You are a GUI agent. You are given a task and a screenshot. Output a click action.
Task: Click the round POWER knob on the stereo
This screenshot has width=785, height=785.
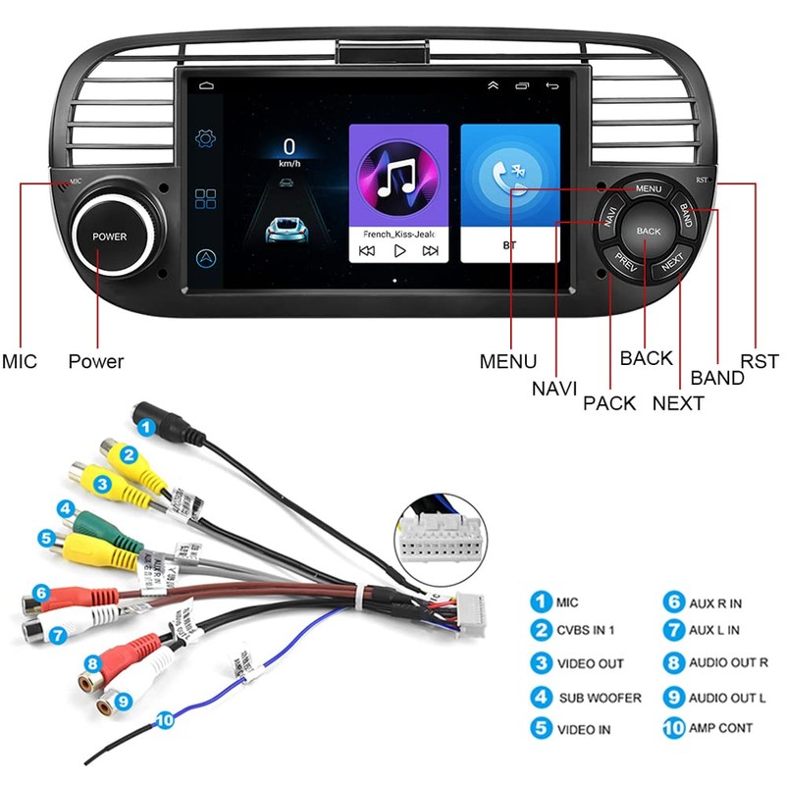[x=110, y=235]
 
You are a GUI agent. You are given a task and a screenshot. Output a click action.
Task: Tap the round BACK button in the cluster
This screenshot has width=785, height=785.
[x=649, y=231]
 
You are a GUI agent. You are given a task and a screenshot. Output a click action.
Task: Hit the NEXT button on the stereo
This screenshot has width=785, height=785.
[x=672, y=263]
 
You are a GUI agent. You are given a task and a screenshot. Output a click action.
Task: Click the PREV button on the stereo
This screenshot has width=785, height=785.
[x=625, y=262]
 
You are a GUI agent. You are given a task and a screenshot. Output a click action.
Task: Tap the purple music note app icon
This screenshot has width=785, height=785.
[x=398, y=177]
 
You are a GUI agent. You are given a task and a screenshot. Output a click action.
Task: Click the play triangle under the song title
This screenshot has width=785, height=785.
[x=399, y=250]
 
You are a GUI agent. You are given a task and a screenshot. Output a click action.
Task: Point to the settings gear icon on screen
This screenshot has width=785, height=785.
[x=206, y=138]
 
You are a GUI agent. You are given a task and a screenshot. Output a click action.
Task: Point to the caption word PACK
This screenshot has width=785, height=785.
[x=609, y=402]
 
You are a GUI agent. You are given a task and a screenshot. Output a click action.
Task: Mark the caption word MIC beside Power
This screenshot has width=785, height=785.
[x=20, y=361]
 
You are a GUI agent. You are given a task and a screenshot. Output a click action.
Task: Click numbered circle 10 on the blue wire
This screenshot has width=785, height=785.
[x=164, y=720]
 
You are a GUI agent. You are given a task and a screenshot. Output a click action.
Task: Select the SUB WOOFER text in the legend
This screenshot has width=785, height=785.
[x=601, y=698]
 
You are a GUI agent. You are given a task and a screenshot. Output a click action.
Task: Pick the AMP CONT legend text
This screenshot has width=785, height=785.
[x=721, y=727]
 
